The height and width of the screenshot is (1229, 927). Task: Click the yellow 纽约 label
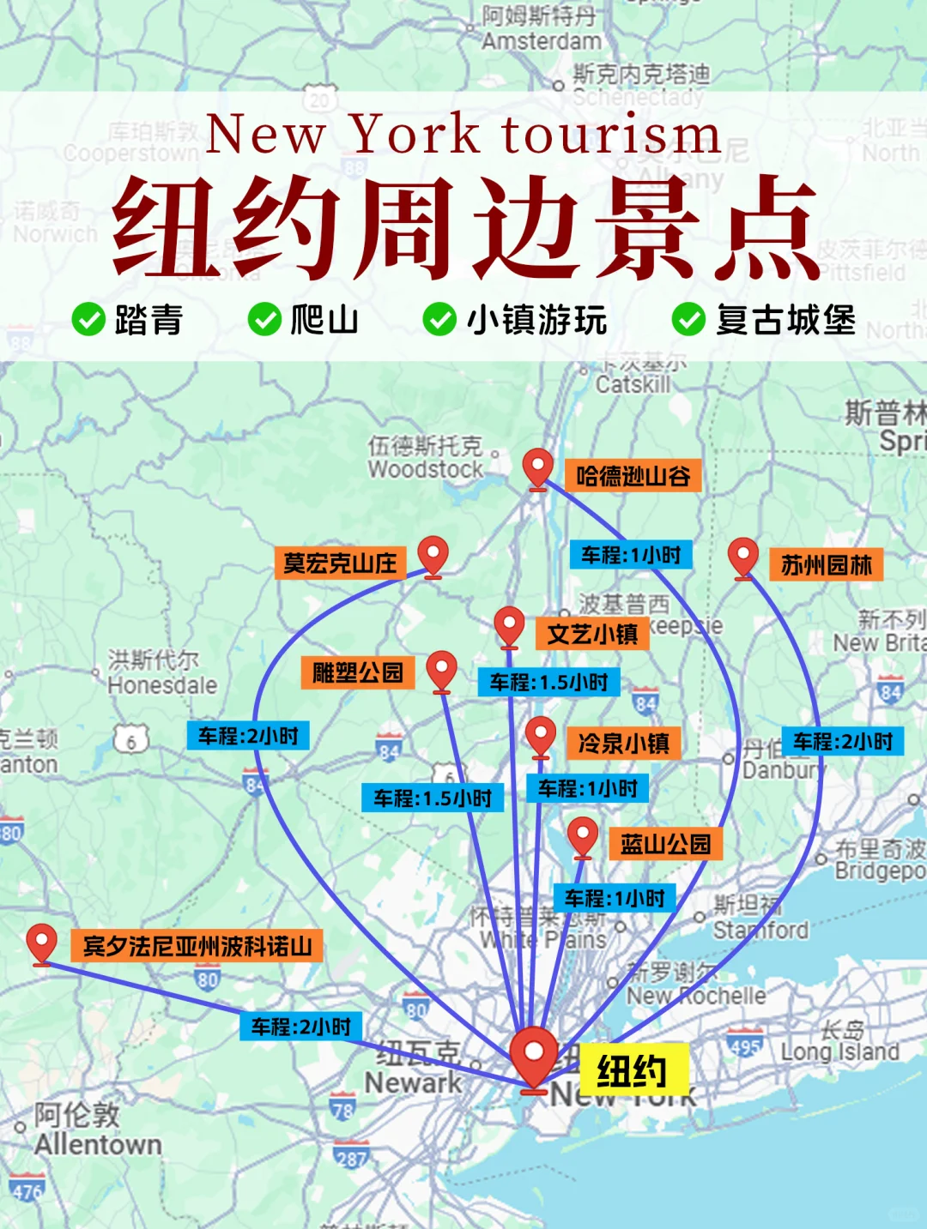[x=632, y=1071]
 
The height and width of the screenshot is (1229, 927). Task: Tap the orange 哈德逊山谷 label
[x=633, y=476]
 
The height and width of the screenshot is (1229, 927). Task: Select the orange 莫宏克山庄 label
[x=340, y=563]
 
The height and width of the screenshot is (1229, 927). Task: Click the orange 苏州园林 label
[x=826, y=565]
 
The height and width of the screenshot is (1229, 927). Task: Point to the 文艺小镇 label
[x=592, y=635]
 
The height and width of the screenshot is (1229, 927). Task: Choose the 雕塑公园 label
[x=357, y=672]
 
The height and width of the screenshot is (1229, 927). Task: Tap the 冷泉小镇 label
[x=623, y=743]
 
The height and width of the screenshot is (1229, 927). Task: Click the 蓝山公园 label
[x=665, y=844]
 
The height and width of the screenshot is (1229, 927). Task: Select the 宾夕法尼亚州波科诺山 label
[x=197, y=946]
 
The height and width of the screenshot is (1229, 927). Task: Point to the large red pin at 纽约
[x=534, y=1057]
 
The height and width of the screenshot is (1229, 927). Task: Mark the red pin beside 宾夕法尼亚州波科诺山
[x=41, y=943]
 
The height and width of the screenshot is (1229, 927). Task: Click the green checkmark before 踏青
[x=88, y=319]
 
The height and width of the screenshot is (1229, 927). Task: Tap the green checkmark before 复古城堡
[x=688, y=319]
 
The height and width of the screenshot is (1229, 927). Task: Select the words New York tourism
[x=463, y=135]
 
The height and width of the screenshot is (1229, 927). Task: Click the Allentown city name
[x=98, y=1144]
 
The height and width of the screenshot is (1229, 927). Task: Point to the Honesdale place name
[x=162, y=685]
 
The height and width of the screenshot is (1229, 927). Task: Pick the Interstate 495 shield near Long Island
[x=744, y=1045]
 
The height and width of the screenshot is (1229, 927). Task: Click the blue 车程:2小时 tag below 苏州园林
[x=843, y=741]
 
